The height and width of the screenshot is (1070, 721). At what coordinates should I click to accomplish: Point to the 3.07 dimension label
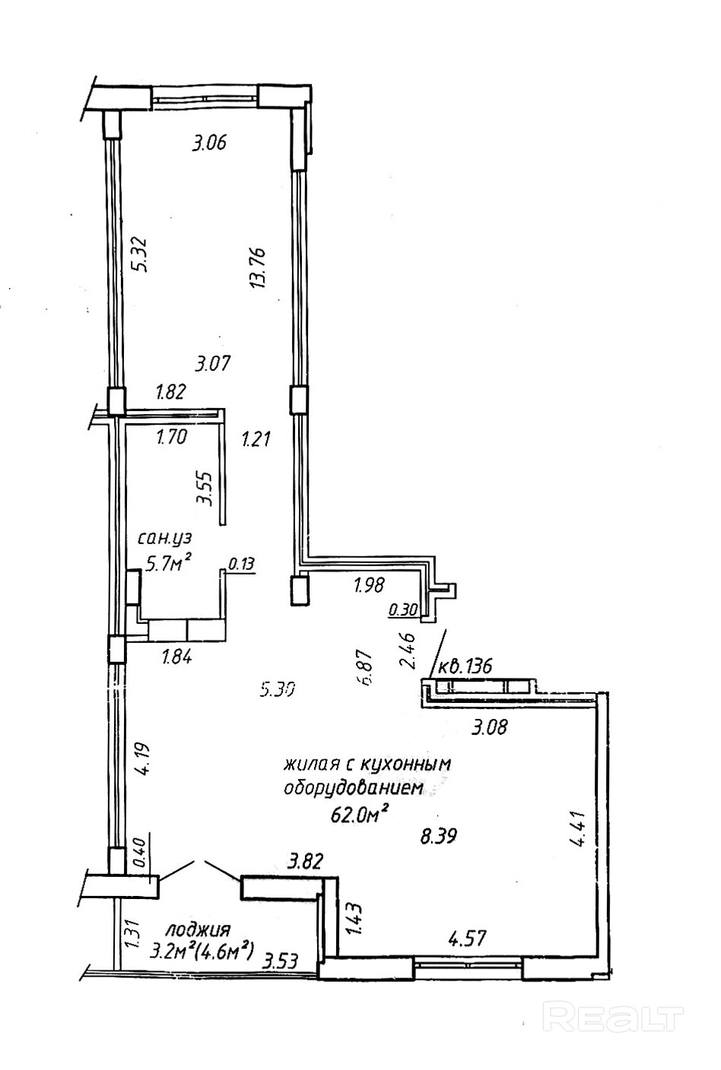coord(212,363)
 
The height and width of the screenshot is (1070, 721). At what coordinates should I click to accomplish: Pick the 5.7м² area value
coord(167,563)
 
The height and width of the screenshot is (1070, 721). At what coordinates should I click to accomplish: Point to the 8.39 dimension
coord(439,837)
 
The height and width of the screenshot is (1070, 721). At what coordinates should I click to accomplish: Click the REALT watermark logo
coord(613,1015)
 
